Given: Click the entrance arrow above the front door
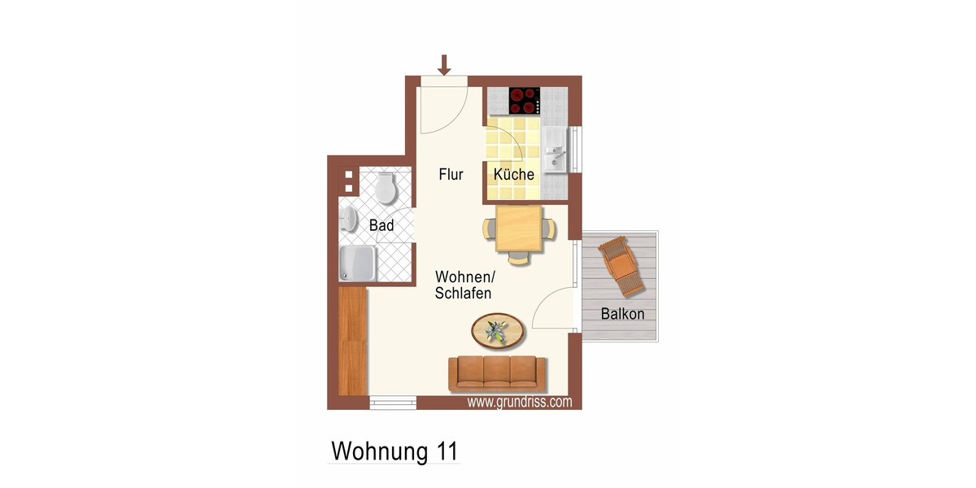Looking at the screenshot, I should [444, 64].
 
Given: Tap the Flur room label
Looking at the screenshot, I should [451, 174].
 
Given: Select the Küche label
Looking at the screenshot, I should [514, 174].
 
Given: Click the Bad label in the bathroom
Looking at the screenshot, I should [381, 225].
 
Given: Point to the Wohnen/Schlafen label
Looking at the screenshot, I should [464, 284].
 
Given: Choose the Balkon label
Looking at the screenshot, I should [622, 313].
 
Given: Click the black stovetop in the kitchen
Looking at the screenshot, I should [525, 101].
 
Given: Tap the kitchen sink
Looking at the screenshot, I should [556, 150].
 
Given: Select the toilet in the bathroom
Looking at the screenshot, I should [385, 188].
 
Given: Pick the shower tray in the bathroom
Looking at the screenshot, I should [358, 264].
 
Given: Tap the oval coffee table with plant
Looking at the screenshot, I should [497, 330].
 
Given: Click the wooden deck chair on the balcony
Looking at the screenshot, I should [623, 266].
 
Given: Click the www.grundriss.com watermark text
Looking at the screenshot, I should [519, 402].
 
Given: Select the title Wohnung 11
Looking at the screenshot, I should [394, 451].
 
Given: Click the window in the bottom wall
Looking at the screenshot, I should [393, 402].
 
